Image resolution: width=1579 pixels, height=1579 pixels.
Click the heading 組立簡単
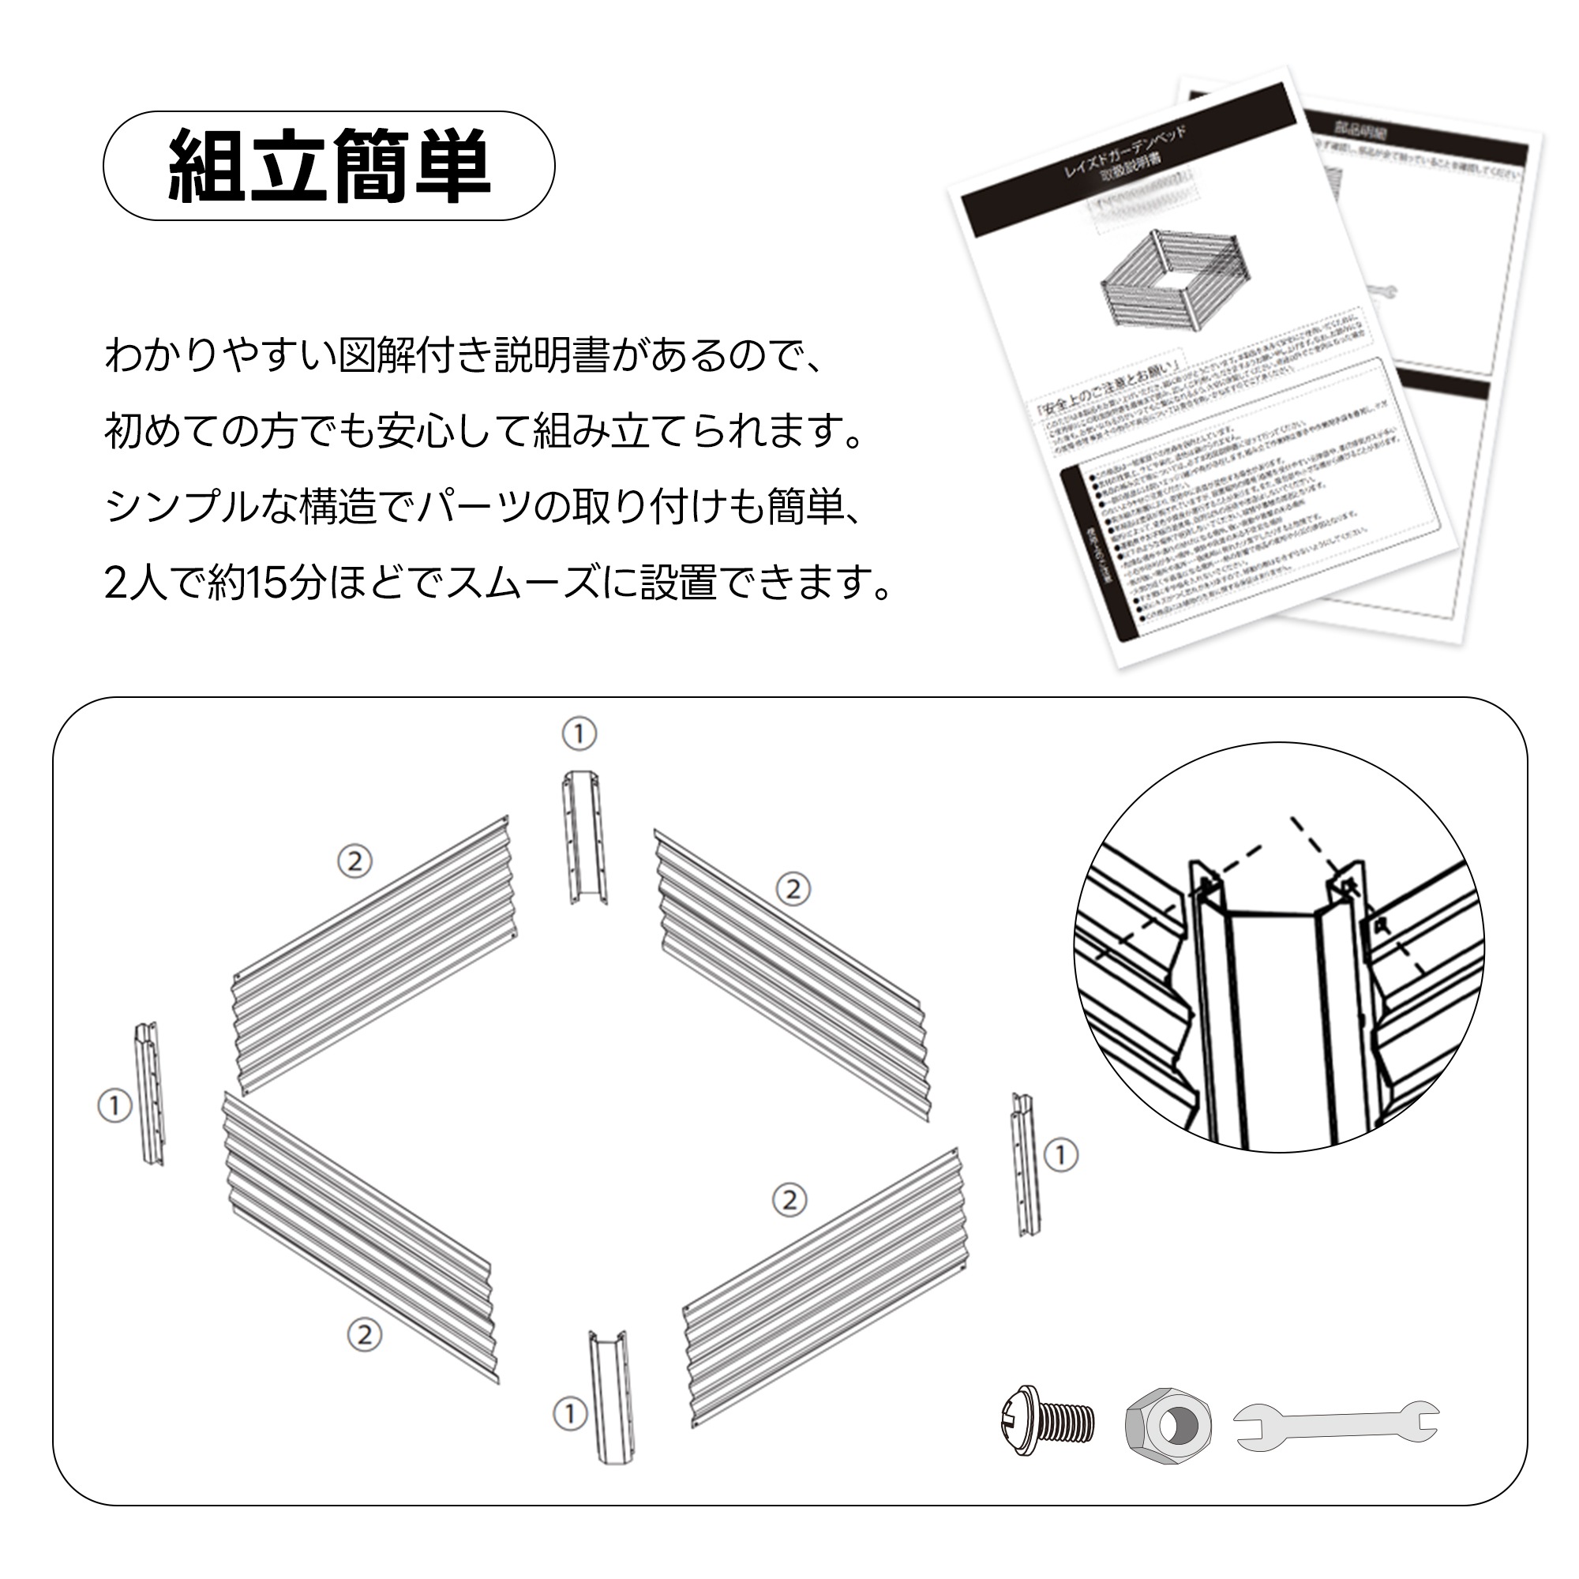[328, 166]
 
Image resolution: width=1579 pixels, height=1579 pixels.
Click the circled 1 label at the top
[579, 734]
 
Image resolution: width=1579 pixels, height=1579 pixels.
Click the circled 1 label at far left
[115, 1106]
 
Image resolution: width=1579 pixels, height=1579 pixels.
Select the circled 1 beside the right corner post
[1061, 1155]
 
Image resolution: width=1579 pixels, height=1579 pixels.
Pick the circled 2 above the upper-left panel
[354, 861]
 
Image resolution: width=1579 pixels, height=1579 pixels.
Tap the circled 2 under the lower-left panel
[365, 1334]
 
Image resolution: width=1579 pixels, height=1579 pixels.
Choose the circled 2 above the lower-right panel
[789, 1200]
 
